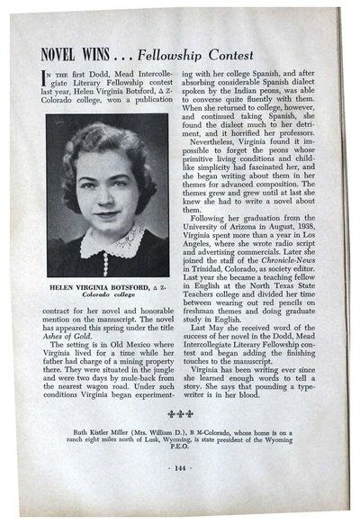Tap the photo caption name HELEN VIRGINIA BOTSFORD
pos(94,283)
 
